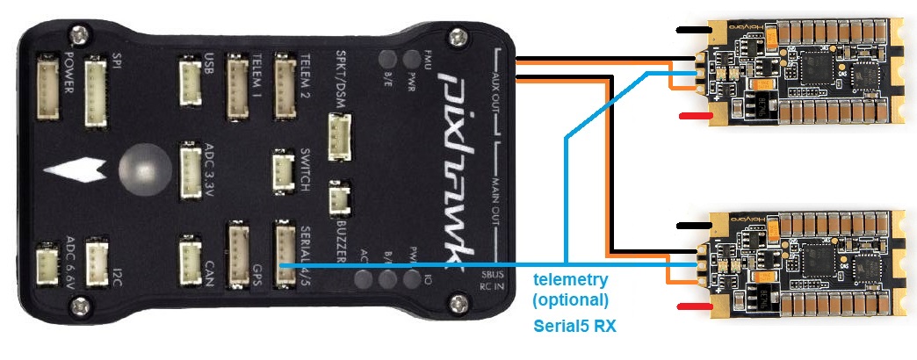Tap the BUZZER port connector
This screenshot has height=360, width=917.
[x=339, y=198]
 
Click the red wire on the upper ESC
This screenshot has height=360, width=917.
[x=695, y=116]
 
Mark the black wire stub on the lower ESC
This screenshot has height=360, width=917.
[x=686, y=225]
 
